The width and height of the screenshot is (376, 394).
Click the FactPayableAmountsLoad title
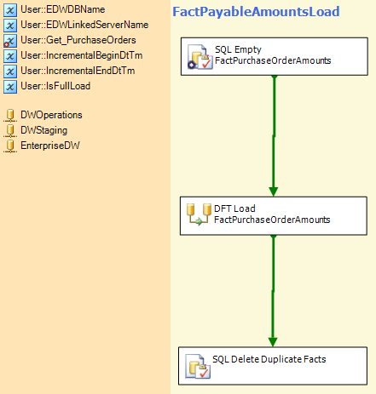(256, 12)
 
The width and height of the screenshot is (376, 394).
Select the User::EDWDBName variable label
(63, 9)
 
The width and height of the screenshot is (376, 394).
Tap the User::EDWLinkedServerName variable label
(84, 25)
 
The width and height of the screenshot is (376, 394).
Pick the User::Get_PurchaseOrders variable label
(78, 40)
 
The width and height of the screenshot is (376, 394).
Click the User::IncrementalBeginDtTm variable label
(82, 55)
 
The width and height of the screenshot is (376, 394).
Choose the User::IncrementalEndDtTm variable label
(78, 71)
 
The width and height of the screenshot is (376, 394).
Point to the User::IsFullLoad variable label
(55, 86)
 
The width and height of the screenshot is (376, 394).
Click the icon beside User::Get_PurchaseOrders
(10, 41)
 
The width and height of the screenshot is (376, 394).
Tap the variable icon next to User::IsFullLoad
(10, 87)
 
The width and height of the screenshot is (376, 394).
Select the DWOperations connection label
(51, 115)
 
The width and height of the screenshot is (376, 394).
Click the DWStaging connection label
(44, 130)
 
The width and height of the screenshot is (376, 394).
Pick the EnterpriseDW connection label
(50, 146)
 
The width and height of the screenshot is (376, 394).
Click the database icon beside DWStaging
(10, 131)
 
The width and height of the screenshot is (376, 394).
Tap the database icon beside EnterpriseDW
(10, 146)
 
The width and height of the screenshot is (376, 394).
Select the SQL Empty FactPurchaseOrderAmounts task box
(275, 56)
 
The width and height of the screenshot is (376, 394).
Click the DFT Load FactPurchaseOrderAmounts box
(274, 216)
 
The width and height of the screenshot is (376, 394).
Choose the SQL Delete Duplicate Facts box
(273, 366)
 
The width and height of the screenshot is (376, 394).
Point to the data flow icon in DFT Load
(199, 214)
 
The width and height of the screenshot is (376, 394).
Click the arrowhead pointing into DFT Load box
(274, 191)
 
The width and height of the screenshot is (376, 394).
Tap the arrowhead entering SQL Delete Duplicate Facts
(273, 342)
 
